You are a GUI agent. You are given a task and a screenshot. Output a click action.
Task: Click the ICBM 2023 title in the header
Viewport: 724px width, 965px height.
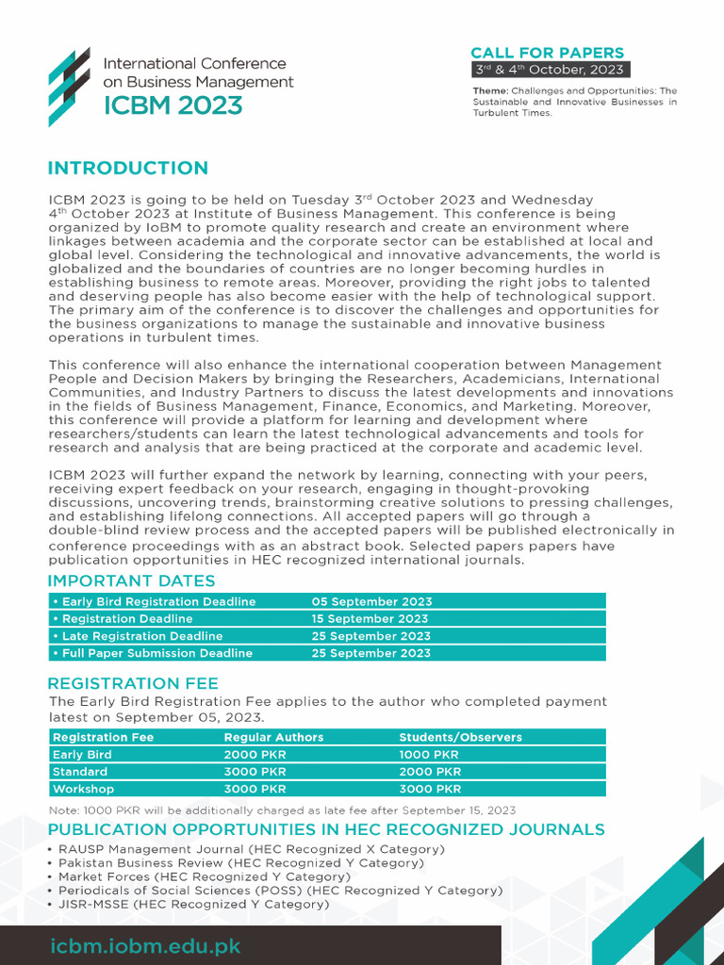pos(173,105)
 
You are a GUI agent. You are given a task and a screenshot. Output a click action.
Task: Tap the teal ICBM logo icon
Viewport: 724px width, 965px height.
pos(70,86)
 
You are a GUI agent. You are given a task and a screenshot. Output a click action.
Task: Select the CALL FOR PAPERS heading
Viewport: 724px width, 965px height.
pos(547,53)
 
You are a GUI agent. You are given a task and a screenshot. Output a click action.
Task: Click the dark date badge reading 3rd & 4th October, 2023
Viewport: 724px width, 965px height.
pos(547,70)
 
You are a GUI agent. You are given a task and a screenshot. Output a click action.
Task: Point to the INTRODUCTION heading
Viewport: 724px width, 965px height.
pos(128,169)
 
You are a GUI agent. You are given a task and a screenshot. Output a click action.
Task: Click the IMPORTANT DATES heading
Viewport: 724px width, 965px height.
pos(131,581)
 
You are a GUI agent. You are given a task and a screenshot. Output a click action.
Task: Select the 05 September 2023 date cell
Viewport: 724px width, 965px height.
pos(371,601)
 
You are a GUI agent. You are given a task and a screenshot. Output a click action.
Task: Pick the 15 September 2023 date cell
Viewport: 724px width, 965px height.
pos(370,619)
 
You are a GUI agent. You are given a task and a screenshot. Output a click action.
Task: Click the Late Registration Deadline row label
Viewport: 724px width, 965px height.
pos(138,636)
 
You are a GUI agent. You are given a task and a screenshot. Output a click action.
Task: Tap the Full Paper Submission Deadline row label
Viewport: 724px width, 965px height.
pos(152,653)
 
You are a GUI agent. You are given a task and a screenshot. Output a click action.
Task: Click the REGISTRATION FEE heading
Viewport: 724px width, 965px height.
pos(133,683)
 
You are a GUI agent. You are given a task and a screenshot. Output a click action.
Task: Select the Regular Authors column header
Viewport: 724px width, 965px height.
pos(273,737)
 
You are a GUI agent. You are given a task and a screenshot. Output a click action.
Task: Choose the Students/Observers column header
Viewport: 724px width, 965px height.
pos(460,737)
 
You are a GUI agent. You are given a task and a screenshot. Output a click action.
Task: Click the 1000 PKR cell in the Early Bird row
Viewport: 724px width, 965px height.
pos(429,755)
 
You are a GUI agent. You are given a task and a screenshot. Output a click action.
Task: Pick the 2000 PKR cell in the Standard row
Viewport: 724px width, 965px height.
pos(429,772)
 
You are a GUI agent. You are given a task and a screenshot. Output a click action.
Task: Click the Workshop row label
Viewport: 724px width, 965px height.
pos(83,789)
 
